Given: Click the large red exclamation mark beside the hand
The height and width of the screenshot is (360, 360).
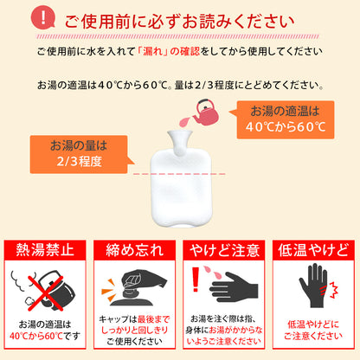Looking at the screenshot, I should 197,282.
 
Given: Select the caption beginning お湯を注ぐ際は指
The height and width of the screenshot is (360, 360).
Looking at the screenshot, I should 225,331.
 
